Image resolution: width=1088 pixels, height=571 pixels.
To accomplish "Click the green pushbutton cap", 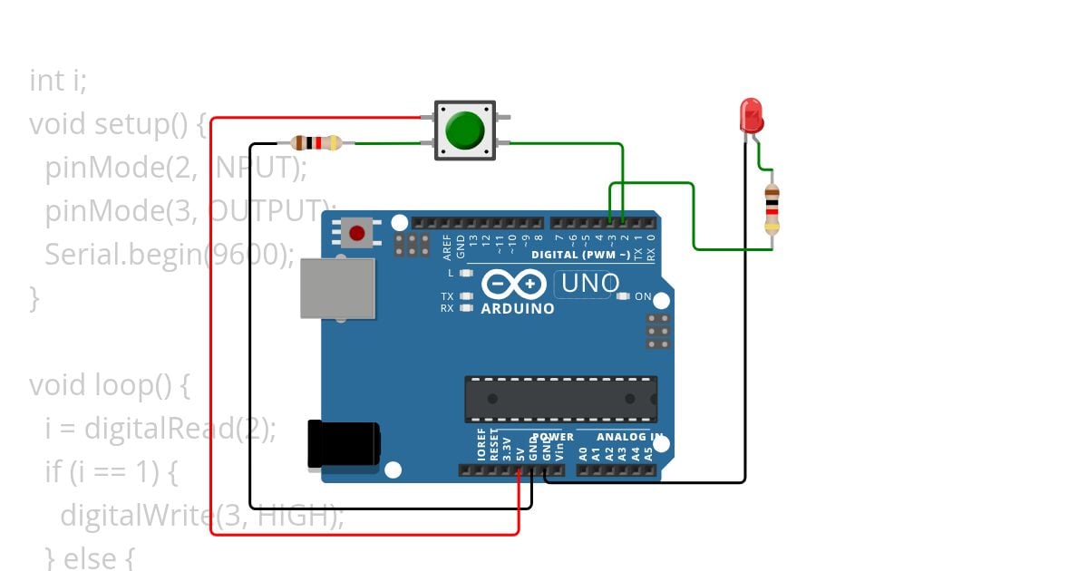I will tap(465, 131).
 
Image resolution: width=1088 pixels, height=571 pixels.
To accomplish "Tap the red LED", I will tap(752, 115).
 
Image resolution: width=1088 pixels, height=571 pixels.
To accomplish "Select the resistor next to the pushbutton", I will tap(316, 142).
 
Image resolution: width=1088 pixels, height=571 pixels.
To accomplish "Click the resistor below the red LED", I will tap(772, 209).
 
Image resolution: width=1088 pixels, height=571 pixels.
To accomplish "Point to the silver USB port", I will tap(338, 288).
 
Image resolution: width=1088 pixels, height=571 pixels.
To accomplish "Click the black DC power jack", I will tap(343, 444).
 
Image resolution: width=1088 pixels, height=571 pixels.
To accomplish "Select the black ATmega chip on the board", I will tap(560, 399).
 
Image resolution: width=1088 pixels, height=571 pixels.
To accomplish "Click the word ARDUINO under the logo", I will tap(518, 308).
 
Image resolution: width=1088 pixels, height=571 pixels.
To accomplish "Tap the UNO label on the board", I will tap(590, 284).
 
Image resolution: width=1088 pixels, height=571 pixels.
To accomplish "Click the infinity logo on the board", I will tap(514, 284).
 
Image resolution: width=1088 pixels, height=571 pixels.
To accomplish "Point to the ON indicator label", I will tap(643, 296).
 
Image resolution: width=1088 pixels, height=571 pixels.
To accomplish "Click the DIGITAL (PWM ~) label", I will tap(580, 255).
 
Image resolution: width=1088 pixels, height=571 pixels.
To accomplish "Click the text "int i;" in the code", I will tap(58, 81).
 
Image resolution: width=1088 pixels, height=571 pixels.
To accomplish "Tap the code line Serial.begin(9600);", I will tap(169, 254).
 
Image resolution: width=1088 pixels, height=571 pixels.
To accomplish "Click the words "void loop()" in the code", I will tap(100, 385).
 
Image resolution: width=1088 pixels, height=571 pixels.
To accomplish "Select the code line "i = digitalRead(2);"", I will tap(160, 428).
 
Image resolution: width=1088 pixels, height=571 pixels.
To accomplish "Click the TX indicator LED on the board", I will tap(466, 296).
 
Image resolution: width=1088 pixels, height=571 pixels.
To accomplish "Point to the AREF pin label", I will tap(447, 242).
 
